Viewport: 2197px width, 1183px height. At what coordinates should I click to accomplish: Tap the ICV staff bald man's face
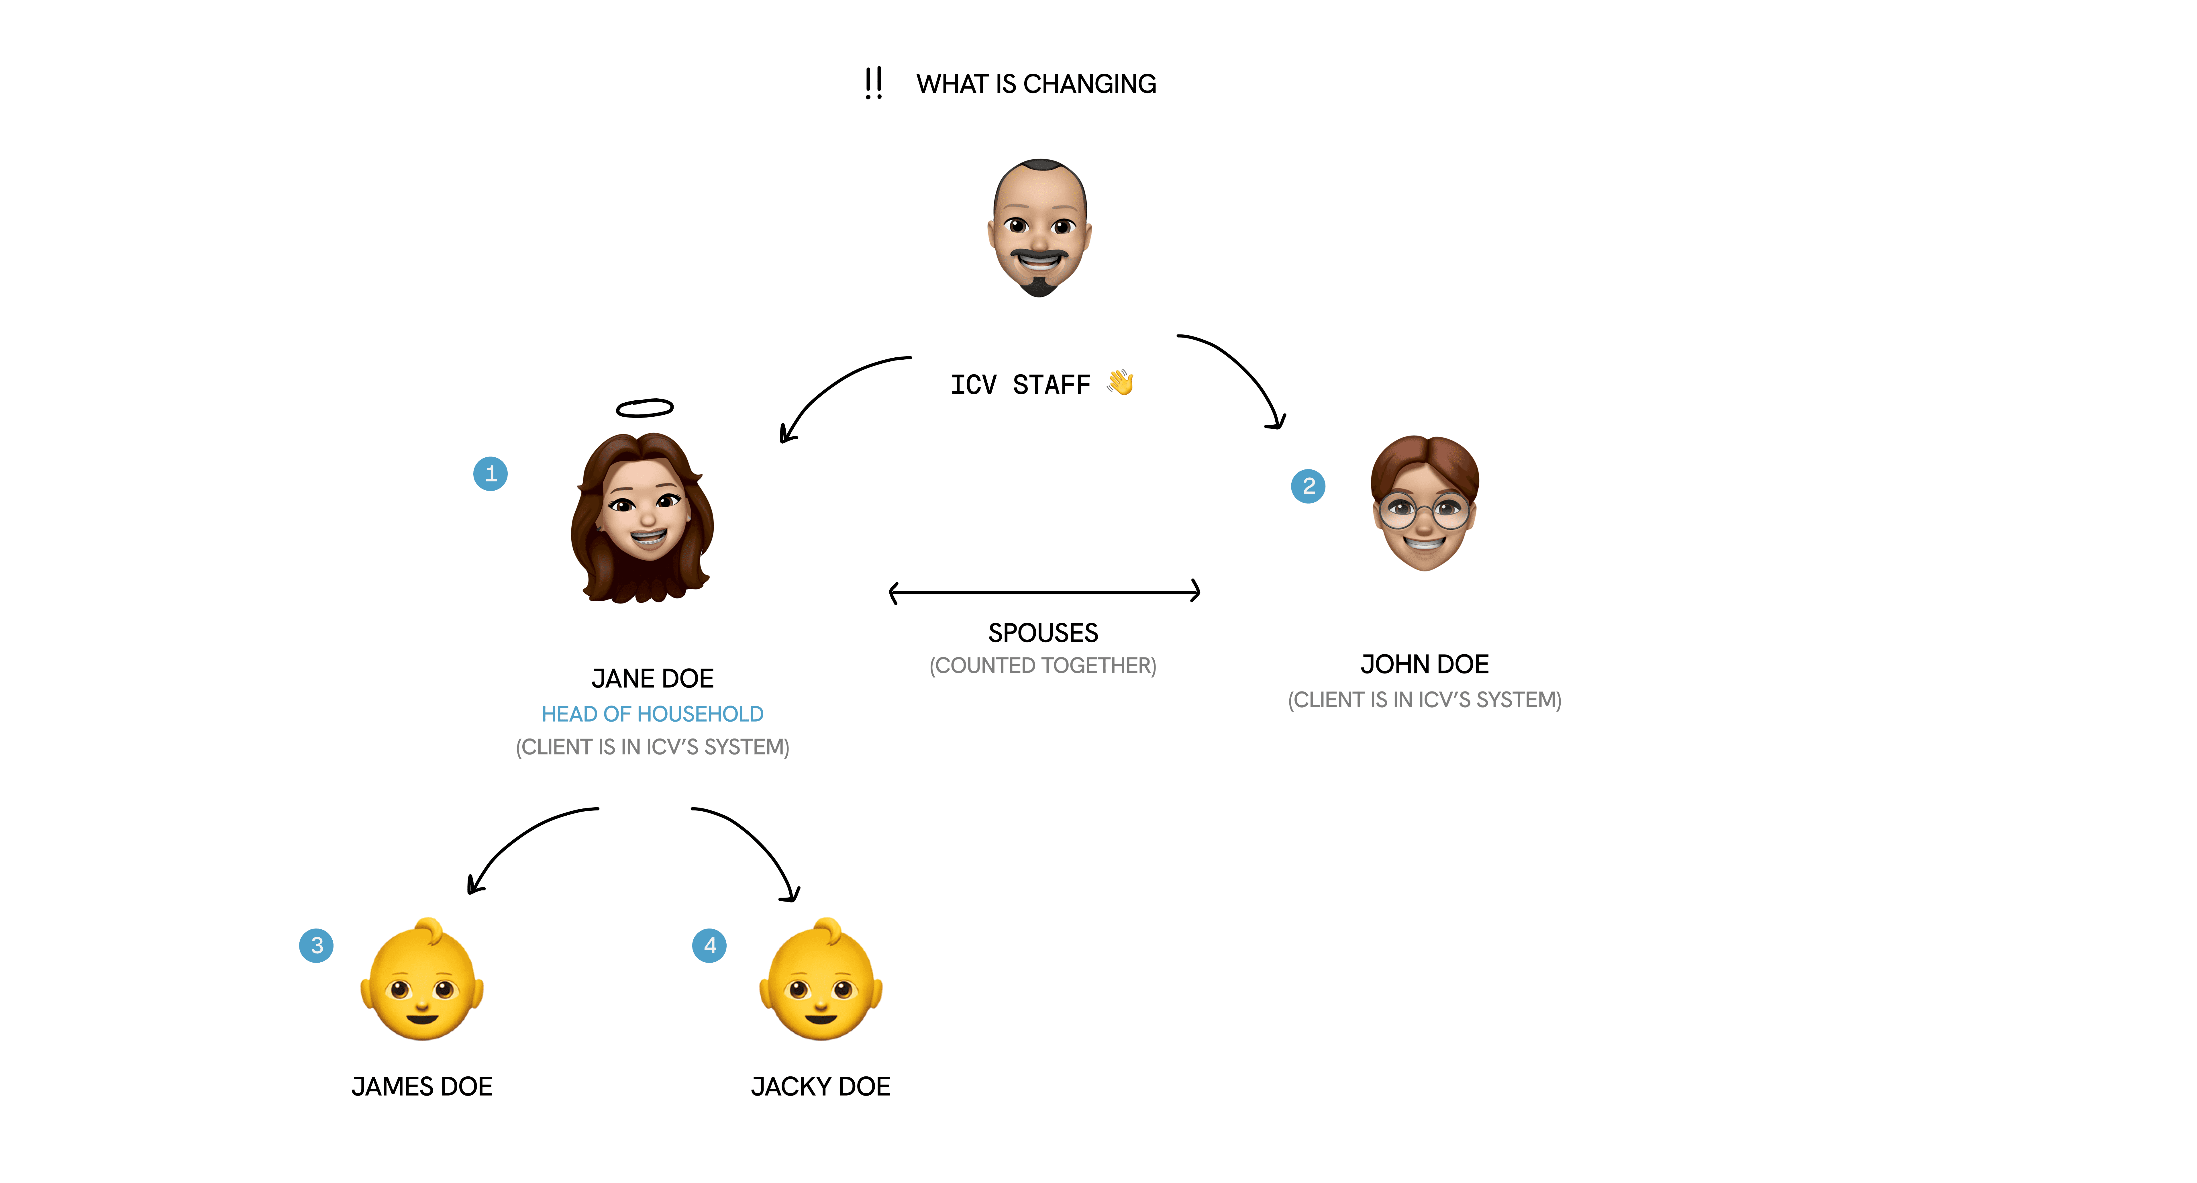click(1039, 228)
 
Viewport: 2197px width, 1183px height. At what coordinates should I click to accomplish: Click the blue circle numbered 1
click(491, 473)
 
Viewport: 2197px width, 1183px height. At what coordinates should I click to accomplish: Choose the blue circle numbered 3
click(316, 945)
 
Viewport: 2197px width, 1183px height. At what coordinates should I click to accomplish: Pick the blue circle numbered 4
click(710, 945)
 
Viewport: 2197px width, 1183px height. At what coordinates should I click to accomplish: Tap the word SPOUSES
click(1043, 633)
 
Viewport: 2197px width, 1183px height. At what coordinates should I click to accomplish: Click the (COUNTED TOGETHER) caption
click(1043, 665)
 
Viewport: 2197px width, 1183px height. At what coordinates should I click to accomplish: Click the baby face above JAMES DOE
click(422, 981)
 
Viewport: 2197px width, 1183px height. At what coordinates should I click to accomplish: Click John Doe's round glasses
click(1424, 512)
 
